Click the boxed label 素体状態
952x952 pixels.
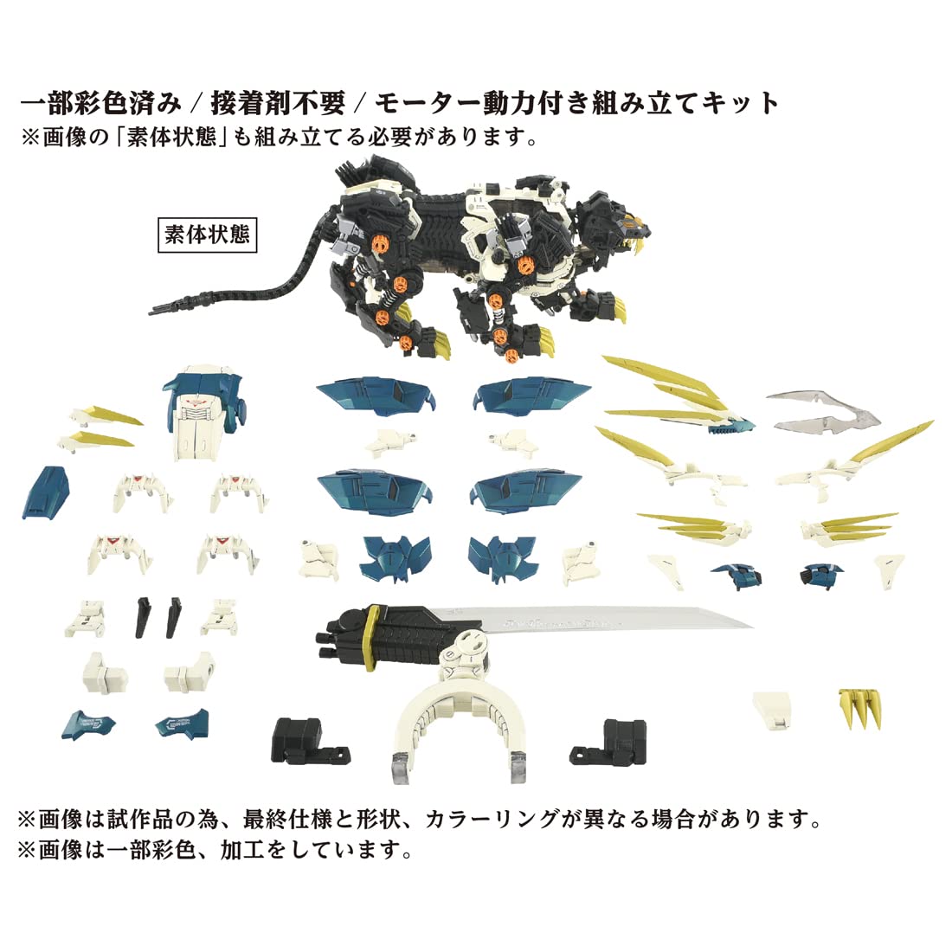(x=209, y=235)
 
